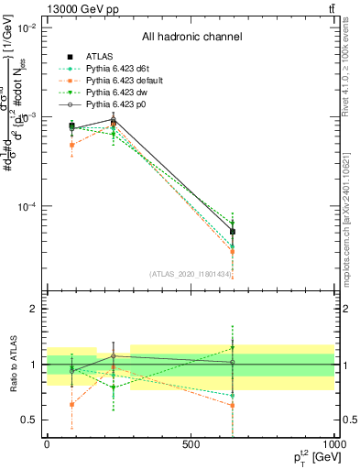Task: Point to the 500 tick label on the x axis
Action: click(x=190, y=444)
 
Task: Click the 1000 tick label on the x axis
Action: click(x=333, y=444)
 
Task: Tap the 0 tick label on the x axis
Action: click(x=46, y=444)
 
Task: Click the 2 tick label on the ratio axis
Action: click(x=36, y=310)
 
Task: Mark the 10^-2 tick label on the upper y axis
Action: click(x=27, y=28)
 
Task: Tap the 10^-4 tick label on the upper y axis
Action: click(x=27, y=207)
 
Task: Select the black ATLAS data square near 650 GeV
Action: click(x=233, y=232)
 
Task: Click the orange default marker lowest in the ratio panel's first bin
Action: click(x=72, y=404)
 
